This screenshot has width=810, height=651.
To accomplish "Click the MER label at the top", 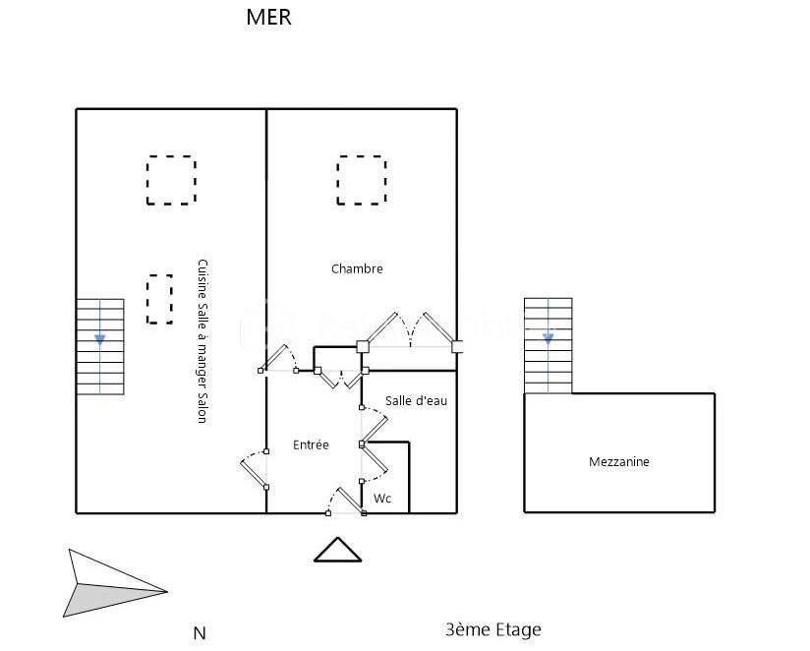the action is pos(268,17).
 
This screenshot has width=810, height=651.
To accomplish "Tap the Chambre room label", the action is pos(357,268).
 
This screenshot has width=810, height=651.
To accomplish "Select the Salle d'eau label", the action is pos(416,400).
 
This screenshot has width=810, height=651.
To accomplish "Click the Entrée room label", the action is pos(311,444).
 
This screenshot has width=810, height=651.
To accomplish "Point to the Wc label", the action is pos(382,498).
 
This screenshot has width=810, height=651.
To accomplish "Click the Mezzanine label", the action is pos(619,461).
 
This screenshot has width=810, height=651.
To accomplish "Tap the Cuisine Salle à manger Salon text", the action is pos(202,341).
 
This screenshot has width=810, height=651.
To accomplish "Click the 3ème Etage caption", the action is pos(493,629).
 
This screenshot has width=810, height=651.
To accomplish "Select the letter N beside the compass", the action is pos(200,633).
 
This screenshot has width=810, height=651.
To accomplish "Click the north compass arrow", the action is pos(115,584).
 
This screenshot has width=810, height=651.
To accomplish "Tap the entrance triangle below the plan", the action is pos(338,550).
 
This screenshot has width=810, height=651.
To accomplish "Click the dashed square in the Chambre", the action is pos(362,180).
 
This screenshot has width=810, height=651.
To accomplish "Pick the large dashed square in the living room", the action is pos(171,180).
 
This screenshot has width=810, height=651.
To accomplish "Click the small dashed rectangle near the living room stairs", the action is pos(159,299).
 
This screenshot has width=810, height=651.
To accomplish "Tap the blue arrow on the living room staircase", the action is pos(99,339).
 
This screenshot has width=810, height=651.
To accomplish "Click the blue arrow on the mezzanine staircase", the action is pos(549,339).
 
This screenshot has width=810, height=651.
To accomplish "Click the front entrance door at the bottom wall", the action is pos(346,501).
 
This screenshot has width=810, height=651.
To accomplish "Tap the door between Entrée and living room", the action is pos(255,469).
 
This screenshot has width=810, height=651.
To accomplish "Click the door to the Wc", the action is pos(375,461).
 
